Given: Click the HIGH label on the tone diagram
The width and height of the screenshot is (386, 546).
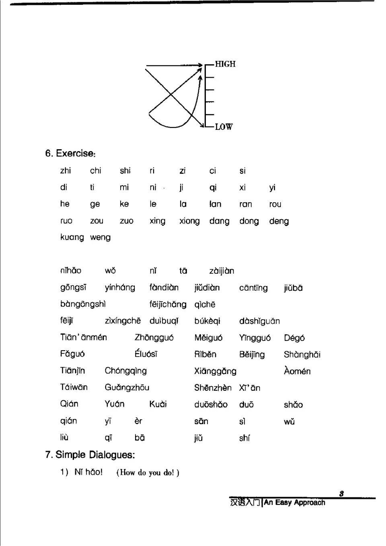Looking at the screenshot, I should tap(225, 64).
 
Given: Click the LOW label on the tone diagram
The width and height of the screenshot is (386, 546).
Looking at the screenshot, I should tap(224, 127).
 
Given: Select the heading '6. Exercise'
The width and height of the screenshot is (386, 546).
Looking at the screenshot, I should tap(70, 154).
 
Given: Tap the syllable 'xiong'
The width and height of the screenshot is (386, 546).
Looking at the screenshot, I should tap(189, 221).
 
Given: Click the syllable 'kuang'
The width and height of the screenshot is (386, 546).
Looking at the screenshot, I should tap(72, 237).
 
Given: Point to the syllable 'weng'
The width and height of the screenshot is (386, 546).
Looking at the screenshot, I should tap(100, 237).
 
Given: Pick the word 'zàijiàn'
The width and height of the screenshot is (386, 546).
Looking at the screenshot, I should tap(222, 271).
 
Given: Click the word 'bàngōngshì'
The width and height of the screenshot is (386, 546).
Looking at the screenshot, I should tap(83, 304).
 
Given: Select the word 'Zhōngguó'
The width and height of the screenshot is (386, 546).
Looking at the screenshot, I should tap(154, 338).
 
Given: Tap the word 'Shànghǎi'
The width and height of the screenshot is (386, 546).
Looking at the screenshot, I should tap(302, 355).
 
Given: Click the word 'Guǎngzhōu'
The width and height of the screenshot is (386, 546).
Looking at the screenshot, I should tap(127, 388).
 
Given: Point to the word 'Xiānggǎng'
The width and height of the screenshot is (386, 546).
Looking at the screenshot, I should tap(215, 371).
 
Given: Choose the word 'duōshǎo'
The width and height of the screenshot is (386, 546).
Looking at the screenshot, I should tap(211, 404).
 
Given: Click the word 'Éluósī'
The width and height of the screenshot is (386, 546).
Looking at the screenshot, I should tap(146, 354).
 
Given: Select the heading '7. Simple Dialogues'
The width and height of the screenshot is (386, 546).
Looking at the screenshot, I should tap(90, 455).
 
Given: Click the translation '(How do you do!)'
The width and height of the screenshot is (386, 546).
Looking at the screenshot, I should tap(148, 473).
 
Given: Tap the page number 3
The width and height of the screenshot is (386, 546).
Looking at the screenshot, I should tap(341, 494).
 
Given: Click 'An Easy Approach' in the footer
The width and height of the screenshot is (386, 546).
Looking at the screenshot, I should tap(294, 503).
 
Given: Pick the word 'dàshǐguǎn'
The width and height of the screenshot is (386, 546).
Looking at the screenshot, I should tap(259, 321).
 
